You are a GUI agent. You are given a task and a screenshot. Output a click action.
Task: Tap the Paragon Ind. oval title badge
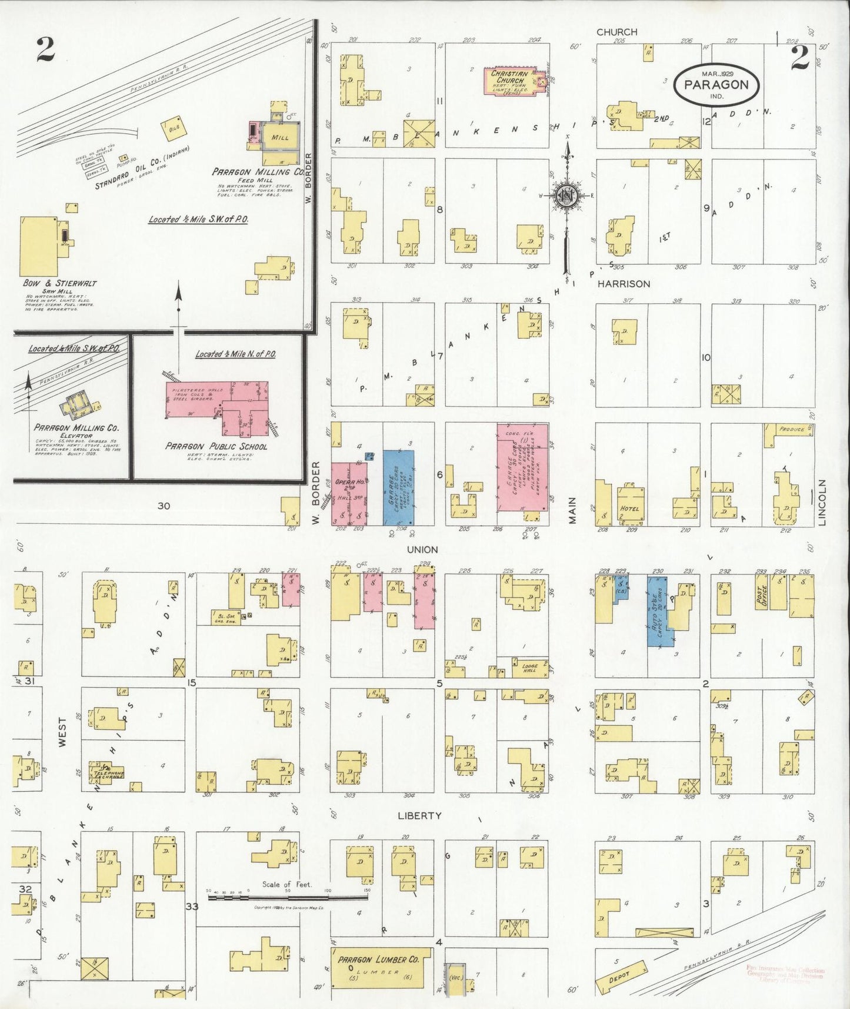click(x=716, y=84)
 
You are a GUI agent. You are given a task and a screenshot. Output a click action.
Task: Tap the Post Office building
click(x=761, y=598)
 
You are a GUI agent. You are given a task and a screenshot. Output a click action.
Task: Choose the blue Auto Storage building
click(x=660, y=612)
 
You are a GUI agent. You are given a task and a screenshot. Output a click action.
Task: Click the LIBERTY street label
click(x=419, y=815)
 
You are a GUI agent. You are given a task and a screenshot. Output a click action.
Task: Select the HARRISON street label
click(x=624, y=284)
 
